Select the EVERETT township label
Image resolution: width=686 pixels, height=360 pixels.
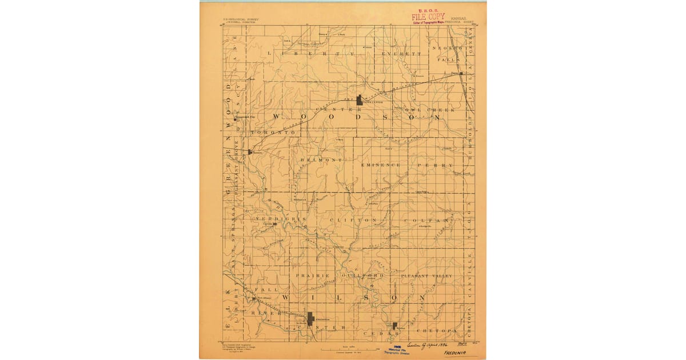click(x=402, y=53)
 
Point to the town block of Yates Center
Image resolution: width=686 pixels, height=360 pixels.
click(x=359, y=100)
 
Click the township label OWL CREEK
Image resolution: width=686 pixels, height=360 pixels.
click(x=421, y=109)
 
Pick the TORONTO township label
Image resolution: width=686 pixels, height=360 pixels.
click(x=272, y=132)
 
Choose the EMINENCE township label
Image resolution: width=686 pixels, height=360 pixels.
click(x=381, y=165)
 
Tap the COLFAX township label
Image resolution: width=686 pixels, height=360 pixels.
click(x=427, y=220)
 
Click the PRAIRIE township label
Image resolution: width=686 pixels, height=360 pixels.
click(x=312, y=275)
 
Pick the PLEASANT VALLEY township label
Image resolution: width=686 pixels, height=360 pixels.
click(x=426, y=275)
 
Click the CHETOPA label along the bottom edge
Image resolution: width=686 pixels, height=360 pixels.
click(x=436, y=330)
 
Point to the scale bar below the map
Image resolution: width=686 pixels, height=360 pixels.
click(x=342, y=347)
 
